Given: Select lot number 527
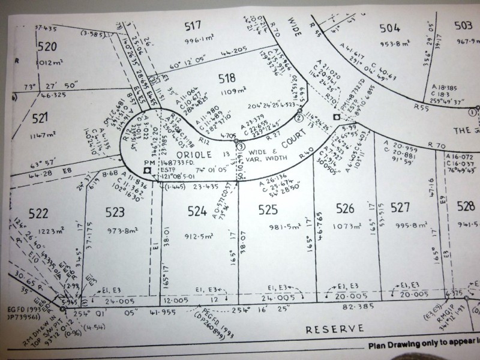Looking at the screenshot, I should (x=400, y=208).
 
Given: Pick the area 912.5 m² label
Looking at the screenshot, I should (x=199, y=227).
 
